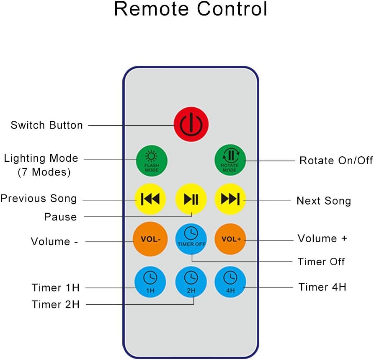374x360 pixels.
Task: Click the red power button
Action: click(x=191, y=124)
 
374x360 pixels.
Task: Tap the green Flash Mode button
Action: click(x=151, y=161)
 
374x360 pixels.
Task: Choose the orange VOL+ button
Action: click(x=230, y=239)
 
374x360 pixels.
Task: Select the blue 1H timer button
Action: click(x=150, y=280)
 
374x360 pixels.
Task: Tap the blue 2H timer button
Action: click(x=191, y=280)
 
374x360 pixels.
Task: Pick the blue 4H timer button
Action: click(x=230, y=280)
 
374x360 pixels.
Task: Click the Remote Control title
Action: click(x=191, y=9)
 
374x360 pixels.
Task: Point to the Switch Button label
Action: click(x=47, y=125)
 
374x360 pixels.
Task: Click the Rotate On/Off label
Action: click(x=336, y=161)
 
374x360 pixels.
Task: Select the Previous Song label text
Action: click(x=39, y=198)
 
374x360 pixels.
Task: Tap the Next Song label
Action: click(x=324, y=201)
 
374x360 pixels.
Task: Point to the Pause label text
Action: click(x=61, y=217)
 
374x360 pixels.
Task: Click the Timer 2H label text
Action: click(x=56, y=304)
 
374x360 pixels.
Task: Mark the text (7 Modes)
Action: click(x=44, y=172)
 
